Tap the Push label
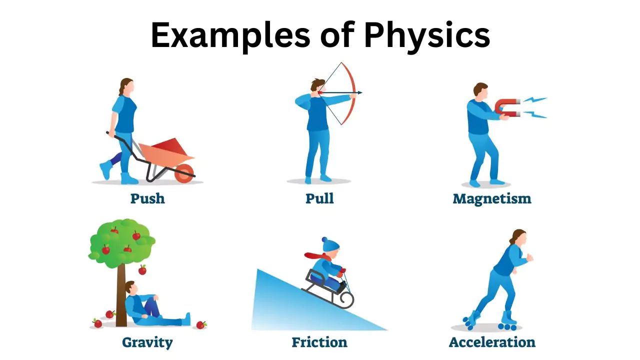[147, 198]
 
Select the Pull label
[319, 198]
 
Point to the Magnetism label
[491, 198]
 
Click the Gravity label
[147, 342]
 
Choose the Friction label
[319, 342]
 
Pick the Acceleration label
[492, 342]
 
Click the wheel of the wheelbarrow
[185, 172]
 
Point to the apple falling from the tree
[142, 270]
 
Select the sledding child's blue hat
[330, 245]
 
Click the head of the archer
[316, 86]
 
